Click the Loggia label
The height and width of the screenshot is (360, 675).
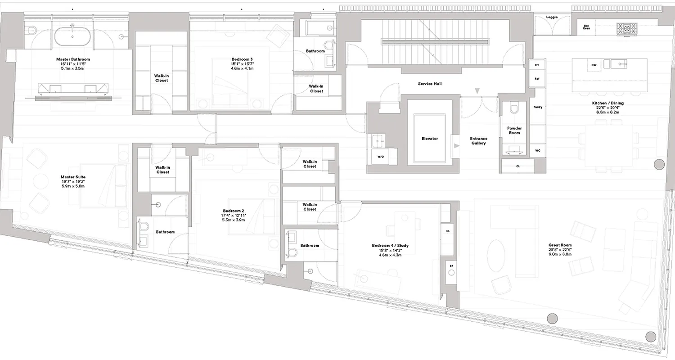[x=552, y=17]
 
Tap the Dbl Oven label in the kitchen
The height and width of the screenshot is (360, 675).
[x=586, y=27]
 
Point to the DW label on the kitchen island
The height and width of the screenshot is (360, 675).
[x=594, y=65]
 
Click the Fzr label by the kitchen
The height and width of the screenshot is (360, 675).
[x=537, y=65]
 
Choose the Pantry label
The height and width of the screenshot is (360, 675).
[x=537, y=107]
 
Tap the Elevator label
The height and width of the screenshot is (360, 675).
[x=430, y=139]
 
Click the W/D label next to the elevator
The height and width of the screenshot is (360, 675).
[x=381, y=156]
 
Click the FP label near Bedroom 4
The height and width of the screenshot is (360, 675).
[x=451, y=266]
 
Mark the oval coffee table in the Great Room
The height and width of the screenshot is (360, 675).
[x=497, y=255]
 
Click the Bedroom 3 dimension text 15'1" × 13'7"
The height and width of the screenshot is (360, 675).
[x=242, y=64]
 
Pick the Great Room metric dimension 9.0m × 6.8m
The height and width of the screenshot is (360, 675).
[x=560, y=255]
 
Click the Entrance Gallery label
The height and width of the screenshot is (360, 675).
[x=479, y=141]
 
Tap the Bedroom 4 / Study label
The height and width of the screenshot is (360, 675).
[x=390, y=246]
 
